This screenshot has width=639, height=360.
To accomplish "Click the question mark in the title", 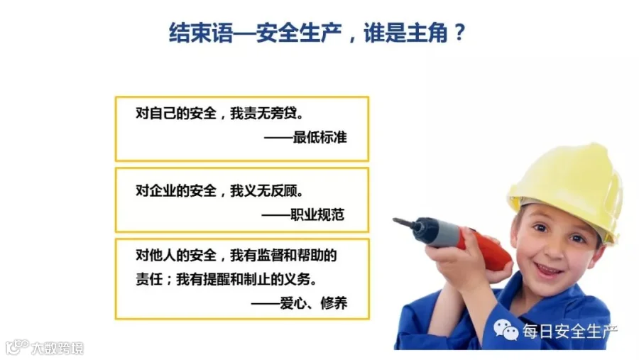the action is pos(459,32).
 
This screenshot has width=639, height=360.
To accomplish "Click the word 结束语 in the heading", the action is pos(200,33).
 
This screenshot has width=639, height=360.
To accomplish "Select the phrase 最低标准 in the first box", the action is pos(320,137).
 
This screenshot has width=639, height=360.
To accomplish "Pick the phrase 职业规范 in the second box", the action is pos(317,214).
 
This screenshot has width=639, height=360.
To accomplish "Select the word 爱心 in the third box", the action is pos(293,303).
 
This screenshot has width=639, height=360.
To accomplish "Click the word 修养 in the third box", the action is pos(334,303).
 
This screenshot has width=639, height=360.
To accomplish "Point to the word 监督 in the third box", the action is pos(271,256).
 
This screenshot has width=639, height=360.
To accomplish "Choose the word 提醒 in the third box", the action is pos(217,279).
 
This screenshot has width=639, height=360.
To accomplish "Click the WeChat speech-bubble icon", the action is pos(506,330).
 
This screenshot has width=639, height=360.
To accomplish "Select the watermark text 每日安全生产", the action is pos(569,331).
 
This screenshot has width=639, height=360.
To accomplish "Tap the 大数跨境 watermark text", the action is pos(58,348).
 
